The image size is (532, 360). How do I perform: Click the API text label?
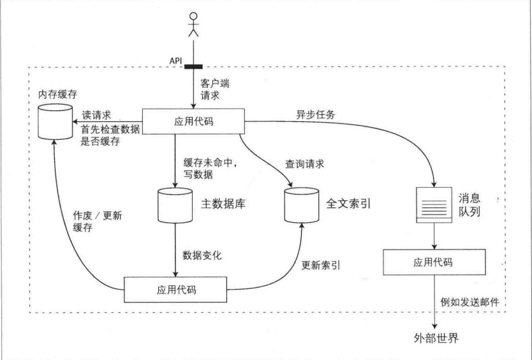(x=176, y=61)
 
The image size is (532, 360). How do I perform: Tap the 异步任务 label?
(x=314, y=114)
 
